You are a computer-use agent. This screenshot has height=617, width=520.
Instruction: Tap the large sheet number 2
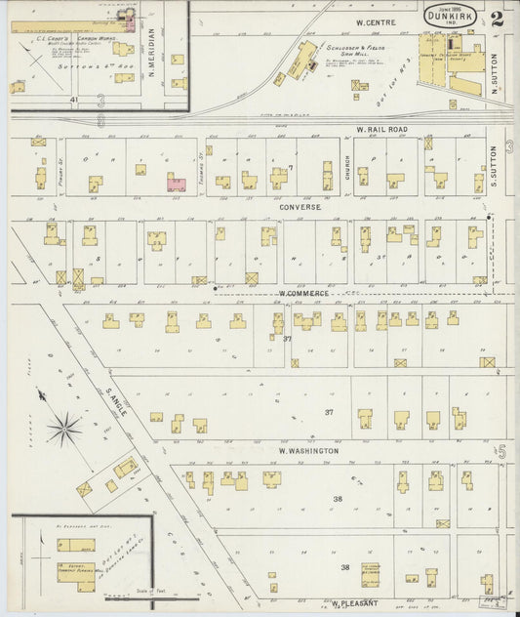[x=500, y=18]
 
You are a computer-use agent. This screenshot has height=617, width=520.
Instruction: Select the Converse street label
[x=300, y=207]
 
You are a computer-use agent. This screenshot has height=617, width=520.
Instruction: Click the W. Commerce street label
[x=301, y=293]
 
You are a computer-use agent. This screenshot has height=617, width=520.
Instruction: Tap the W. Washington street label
[x=308, y=451]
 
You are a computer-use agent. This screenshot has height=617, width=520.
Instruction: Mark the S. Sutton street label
[x=495, y=166]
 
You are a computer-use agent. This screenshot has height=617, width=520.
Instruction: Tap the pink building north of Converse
[x=177, y=183]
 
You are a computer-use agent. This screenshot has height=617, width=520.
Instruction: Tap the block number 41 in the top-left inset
[x=73, y=100]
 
